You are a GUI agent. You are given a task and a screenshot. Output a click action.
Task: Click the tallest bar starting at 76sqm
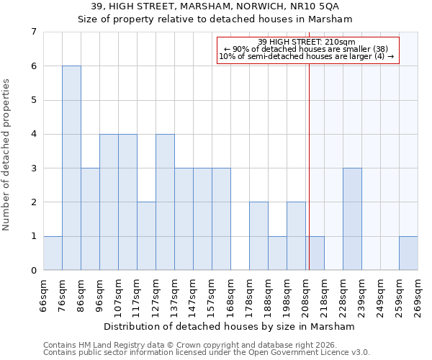(71, 168)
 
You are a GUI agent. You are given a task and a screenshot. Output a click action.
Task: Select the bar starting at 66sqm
(53, 253)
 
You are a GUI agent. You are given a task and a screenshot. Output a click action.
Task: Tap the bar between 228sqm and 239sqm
(352, 219)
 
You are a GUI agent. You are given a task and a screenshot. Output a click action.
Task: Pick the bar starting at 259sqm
(408, 253)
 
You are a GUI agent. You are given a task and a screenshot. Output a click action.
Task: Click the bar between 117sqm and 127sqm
(146, 236)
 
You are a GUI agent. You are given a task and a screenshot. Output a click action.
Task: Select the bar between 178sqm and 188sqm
(258, 236)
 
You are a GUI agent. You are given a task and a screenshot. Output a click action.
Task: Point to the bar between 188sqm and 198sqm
(277, 253)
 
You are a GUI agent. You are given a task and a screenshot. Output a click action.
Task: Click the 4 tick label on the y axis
(33, 134)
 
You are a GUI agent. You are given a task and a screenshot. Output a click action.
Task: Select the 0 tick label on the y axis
(33, 271)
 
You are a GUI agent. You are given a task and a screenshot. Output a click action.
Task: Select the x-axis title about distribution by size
(230, 326)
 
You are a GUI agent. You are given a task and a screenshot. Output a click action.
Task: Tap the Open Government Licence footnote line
(207, 353)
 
